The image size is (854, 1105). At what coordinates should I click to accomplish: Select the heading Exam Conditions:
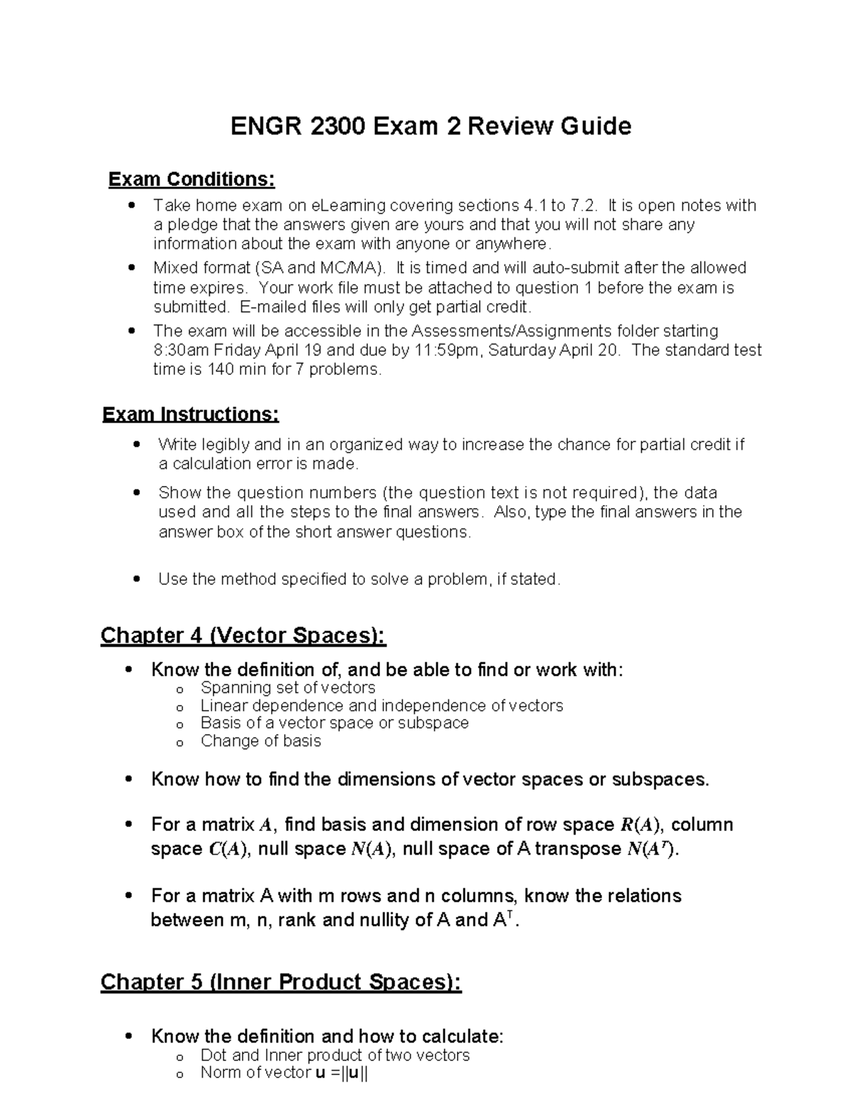(191, 179)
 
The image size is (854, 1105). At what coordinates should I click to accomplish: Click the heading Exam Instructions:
(191, 414)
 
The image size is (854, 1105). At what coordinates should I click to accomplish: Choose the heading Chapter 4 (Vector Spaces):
(243, 635)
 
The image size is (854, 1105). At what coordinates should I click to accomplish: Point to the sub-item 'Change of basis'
(260, 741)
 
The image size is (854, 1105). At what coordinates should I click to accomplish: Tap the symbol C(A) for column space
(228, 850)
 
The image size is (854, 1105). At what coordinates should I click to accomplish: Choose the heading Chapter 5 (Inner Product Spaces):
(280, 983)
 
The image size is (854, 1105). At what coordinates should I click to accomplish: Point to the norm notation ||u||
(352, 1073)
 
